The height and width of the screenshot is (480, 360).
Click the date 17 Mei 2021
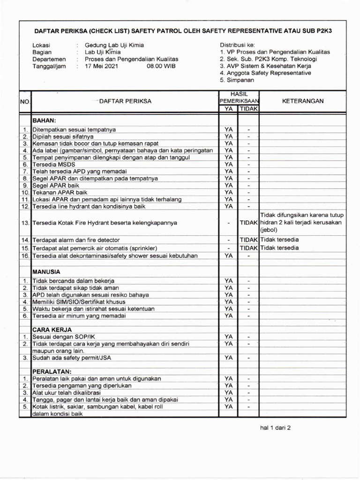click(102, 67)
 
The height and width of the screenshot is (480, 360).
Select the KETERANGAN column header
click(302, 101)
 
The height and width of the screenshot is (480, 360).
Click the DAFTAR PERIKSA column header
click(125, 101)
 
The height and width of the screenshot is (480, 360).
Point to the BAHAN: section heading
click(44, 120)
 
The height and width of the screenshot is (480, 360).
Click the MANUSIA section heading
click(46, 271)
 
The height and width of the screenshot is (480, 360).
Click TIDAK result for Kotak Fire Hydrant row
click(249, 223)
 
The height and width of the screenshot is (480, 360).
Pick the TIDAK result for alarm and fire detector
click(249, 240)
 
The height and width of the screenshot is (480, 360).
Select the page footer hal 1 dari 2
click(276, 427)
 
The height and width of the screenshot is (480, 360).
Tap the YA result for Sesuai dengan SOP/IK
click(228, 337)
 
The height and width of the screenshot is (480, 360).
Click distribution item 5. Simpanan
click(237, 80)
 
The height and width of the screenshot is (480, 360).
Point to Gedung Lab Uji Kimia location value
click(114, 45)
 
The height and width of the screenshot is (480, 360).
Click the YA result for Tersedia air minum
click(228, 316)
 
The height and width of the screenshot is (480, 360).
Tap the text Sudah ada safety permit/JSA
click(75, 358)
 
